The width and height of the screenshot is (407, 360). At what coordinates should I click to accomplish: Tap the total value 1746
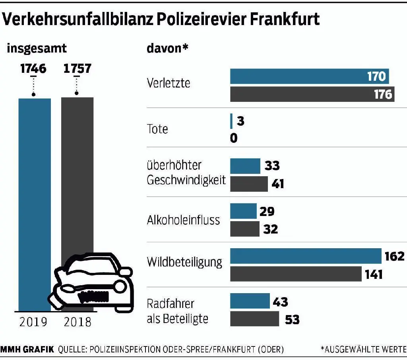tap(33, 69)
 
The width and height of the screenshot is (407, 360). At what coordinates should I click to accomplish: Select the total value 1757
tap(78, 69)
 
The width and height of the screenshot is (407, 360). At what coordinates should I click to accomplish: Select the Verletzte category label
tap(169, 83)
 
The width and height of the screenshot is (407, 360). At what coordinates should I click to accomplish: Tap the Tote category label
tap(157, 129)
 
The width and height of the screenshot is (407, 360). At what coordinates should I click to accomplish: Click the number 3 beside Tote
tap(240, 121)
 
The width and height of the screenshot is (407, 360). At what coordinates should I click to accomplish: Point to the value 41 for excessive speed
tap(278, 184)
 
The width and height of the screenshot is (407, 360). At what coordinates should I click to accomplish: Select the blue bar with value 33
tap(245, 165)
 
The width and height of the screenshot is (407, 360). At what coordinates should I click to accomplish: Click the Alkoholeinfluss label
tap(183, 220)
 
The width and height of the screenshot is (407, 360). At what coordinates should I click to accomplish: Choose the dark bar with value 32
tap(244, 229)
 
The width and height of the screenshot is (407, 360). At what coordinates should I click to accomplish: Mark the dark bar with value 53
tap(255, 319)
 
